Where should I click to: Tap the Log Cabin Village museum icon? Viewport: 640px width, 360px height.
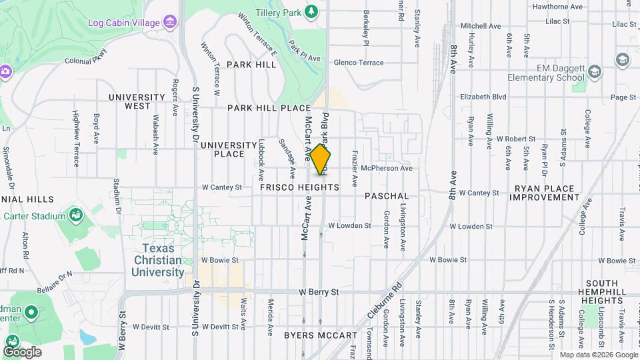tap(170, 23)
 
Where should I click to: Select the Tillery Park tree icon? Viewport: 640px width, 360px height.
tap(311, 11)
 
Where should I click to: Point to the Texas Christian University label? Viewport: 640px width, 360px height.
tap(158, 260)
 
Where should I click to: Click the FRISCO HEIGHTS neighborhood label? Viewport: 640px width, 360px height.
tap(299, 188)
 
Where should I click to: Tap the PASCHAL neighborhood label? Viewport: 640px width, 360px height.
tap(387, 196)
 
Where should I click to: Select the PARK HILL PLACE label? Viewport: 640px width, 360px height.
tap(269, 108)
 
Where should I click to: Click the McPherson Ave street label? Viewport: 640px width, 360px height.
tap(387, 169)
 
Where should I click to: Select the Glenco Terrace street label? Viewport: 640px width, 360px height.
tap(359, 63)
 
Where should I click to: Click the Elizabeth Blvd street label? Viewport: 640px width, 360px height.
tap(483, 97)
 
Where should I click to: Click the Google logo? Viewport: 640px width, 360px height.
tap(22, 351)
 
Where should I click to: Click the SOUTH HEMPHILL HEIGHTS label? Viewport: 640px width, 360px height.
tap(603, 292)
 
